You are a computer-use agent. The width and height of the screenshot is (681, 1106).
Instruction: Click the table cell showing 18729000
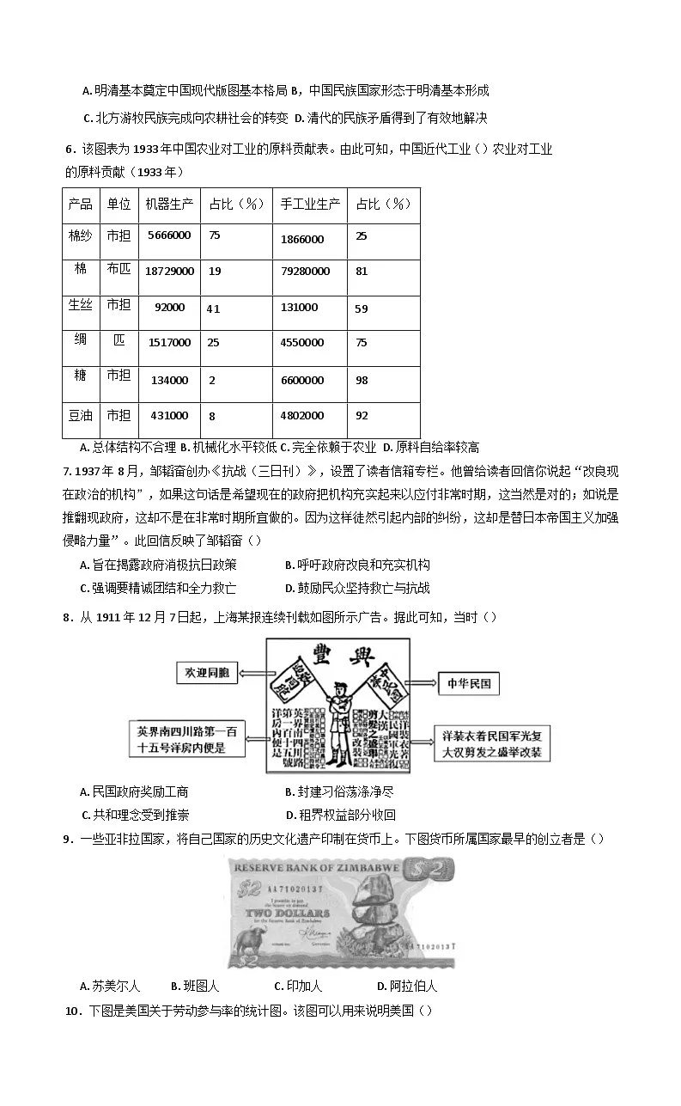click(169, 271)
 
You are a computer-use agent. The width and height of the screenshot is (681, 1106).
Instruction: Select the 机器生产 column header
click(169, 205)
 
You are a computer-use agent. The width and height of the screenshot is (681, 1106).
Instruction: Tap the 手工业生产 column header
click(310, 205)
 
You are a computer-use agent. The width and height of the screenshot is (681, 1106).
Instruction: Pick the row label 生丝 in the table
click(81, 306)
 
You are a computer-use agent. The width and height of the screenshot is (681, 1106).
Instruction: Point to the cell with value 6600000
click(301, 380)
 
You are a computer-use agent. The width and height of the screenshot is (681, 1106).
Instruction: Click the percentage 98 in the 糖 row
click(362, 380)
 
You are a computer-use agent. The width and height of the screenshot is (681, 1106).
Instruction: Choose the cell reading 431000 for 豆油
click(168, 416)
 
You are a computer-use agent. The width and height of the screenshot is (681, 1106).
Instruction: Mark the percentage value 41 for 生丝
click(214, 308)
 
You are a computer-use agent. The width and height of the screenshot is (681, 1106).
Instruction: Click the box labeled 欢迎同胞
click(204, 673)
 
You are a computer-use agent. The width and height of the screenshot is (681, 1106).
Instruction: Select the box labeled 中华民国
click(468, 684)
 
